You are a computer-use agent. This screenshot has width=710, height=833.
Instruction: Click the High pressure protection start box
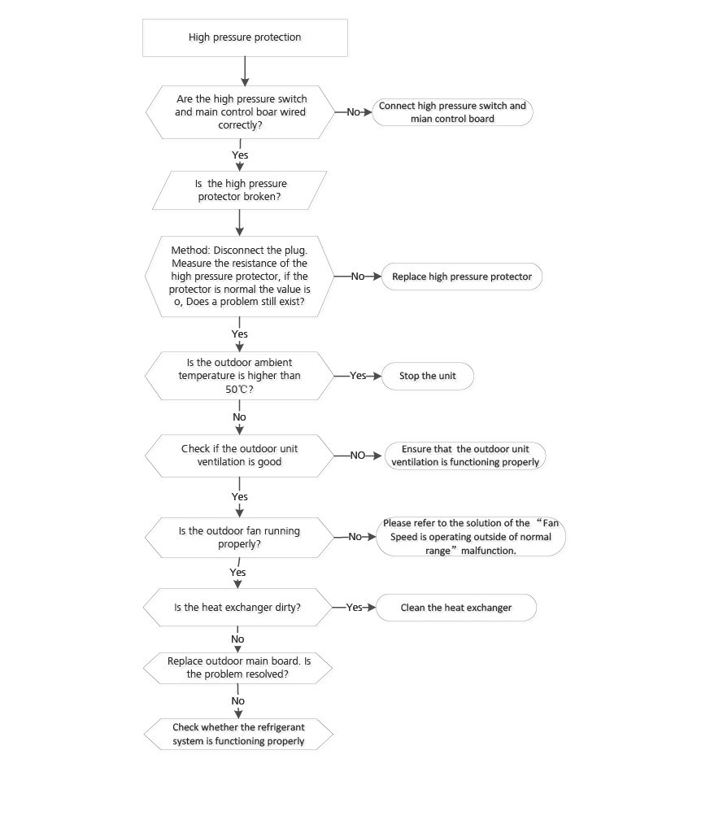tap(245, 37)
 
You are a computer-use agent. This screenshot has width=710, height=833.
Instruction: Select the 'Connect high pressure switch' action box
tap(452, 112)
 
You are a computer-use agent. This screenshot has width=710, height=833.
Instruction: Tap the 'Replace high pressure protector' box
tap(461, 277)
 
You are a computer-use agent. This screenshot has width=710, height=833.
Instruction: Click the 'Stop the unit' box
tap(427, 376)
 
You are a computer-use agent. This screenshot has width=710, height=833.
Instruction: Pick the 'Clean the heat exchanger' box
tap(455, 608)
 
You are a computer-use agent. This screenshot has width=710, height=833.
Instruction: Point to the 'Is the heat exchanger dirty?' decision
tap(237, 608)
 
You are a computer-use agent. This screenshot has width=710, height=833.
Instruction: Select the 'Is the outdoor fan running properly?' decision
tap(239, 537)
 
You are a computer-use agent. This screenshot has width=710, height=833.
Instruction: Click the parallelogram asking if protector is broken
tap(240, 190)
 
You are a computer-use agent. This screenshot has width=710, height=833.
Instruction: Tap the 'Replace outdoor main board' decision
tap(238, 668)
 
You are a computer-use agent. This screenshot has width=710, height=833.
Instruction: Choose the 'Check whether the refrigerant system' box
tap(238, 734)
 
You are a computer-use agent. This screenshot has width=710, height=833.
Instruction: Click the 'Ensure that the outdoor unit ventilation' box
tap(464, 456)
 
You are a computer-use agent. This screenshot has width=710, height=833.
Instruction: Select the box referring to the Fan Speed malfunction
tap(470, 537)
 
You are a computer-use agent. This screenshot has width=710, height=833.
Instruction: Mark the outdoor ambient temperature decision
tap(239, 376)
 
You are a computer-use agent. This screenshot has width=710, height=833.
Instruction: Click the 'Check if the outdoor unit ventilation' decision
tap(239, 456)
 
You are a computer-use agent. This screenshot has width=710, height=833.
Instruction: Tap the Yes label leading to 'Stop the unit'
tap(358, 376)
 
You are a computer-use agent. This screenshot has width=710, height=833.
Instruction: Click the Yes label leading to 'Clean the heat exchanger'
tap(354, 608)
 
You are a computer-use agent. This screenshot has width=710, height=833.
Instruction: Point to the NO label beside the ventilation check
tap(357, 456)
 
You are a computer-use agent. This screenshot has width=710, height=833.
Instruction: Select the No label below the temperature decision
tap(239, 417)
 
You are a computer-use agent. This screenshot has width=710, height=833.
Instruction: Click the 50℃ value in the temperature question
tap(237, 390)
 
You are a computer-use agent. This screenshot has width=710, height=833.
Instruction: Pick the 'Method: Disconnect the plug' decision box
tap(239, 277)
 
